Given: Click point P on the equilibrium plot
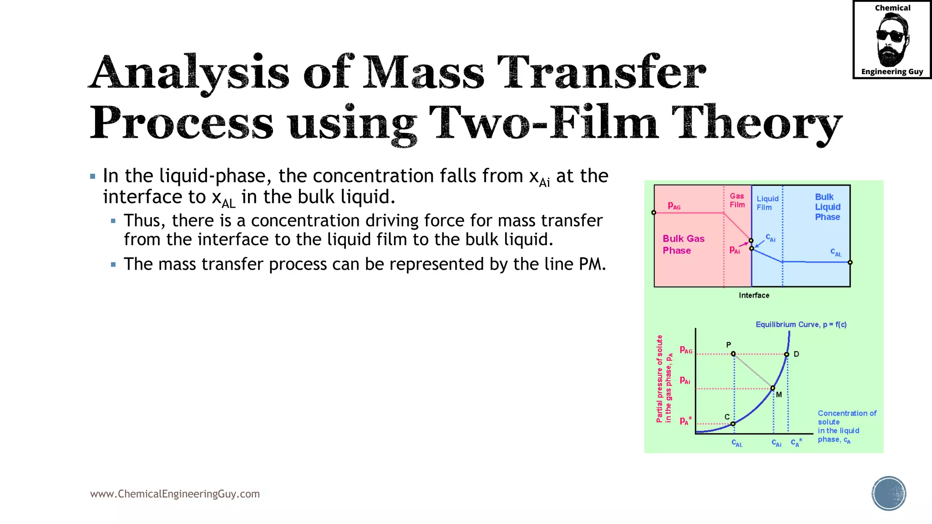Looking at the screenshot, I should click(733, 353).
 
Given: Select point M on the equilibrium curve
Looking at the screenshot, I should click(773, 388).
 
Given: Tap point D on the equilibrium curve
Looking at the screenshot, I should click(787, 354).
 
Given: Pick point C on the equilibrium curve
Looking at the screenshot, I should click(733, 424).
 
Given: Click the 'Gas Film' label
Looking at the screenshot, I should click(737, 200).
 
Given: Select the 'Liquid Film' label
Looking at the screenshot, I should click(767, 203).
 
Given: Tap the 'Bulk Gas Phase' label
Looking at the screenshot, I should click(683, 244).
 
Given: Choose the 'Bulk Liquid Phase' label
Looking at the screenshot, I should click(827, 207).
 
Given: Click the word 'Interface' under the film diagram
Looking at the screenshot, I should click(754, 295).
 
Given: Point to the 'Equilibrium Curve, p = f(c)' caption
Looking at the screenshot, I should click(801, 324).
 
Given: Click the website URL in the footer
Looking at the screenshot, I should click(175, 494).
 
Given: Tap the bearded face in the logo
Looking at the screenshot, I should click(891, 40).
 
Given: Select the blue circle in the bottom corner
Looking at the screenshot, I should click(889, 494).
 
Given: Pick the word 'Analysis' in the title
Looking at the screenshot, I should click(189, 73).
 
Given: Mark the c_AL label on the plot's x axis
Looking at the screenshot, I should click(737, 443).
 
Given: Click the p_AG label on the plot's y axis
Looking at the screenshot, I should click(686, 350).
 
